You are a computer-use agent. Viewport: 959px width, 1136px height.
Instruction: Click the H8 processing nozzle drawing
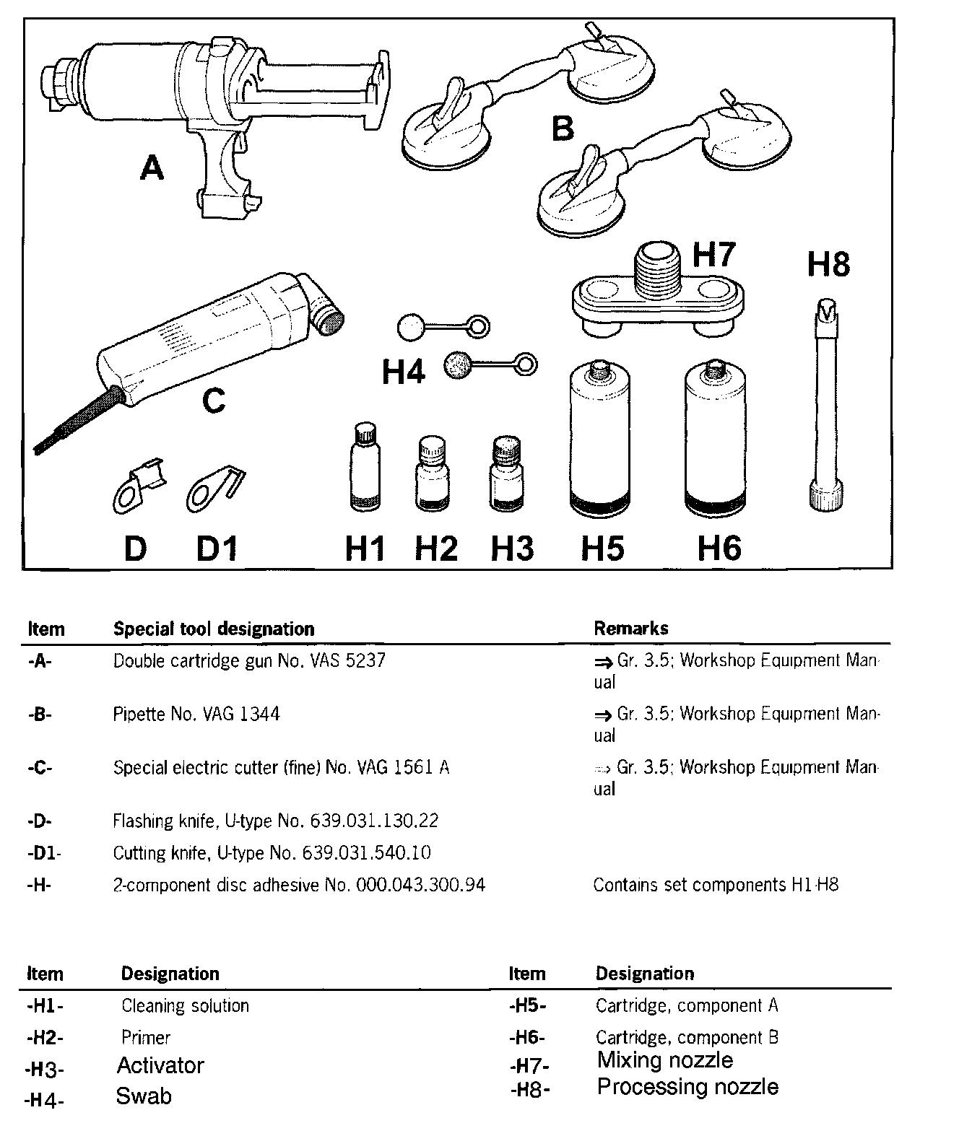tap(825, 404)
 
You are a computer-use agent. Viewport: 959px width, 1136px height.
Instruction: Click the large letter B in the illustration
tap(563, 129)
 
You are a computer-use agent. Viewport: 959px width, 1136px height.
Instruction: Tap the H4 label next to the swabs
tap(403, 372)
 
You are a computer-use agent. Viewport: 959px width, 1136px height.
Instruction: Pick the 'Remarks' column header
tap(630, 629)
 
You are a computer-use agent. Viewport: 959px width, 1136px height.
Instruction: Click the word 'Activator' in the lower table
tap(160, 1066)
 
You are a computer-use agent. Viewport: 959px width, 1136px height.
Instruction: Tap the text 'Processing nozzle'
tap(687, 1087)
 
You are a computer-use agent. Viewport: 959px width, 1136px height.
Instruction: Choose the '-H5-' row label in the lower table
tap(527, 1005)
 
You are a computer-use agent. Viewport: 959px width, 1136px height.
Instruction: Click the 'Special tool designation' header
tap(214, 629)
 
